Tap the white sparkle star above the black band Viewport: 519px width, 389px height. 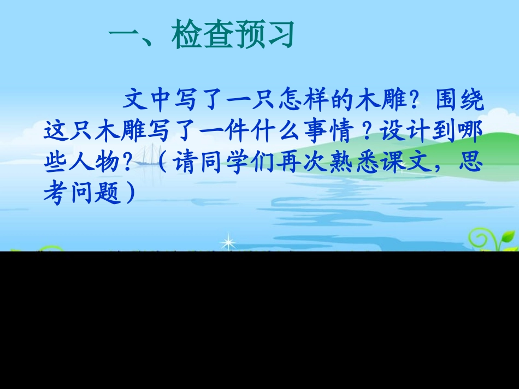(227, 242)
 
